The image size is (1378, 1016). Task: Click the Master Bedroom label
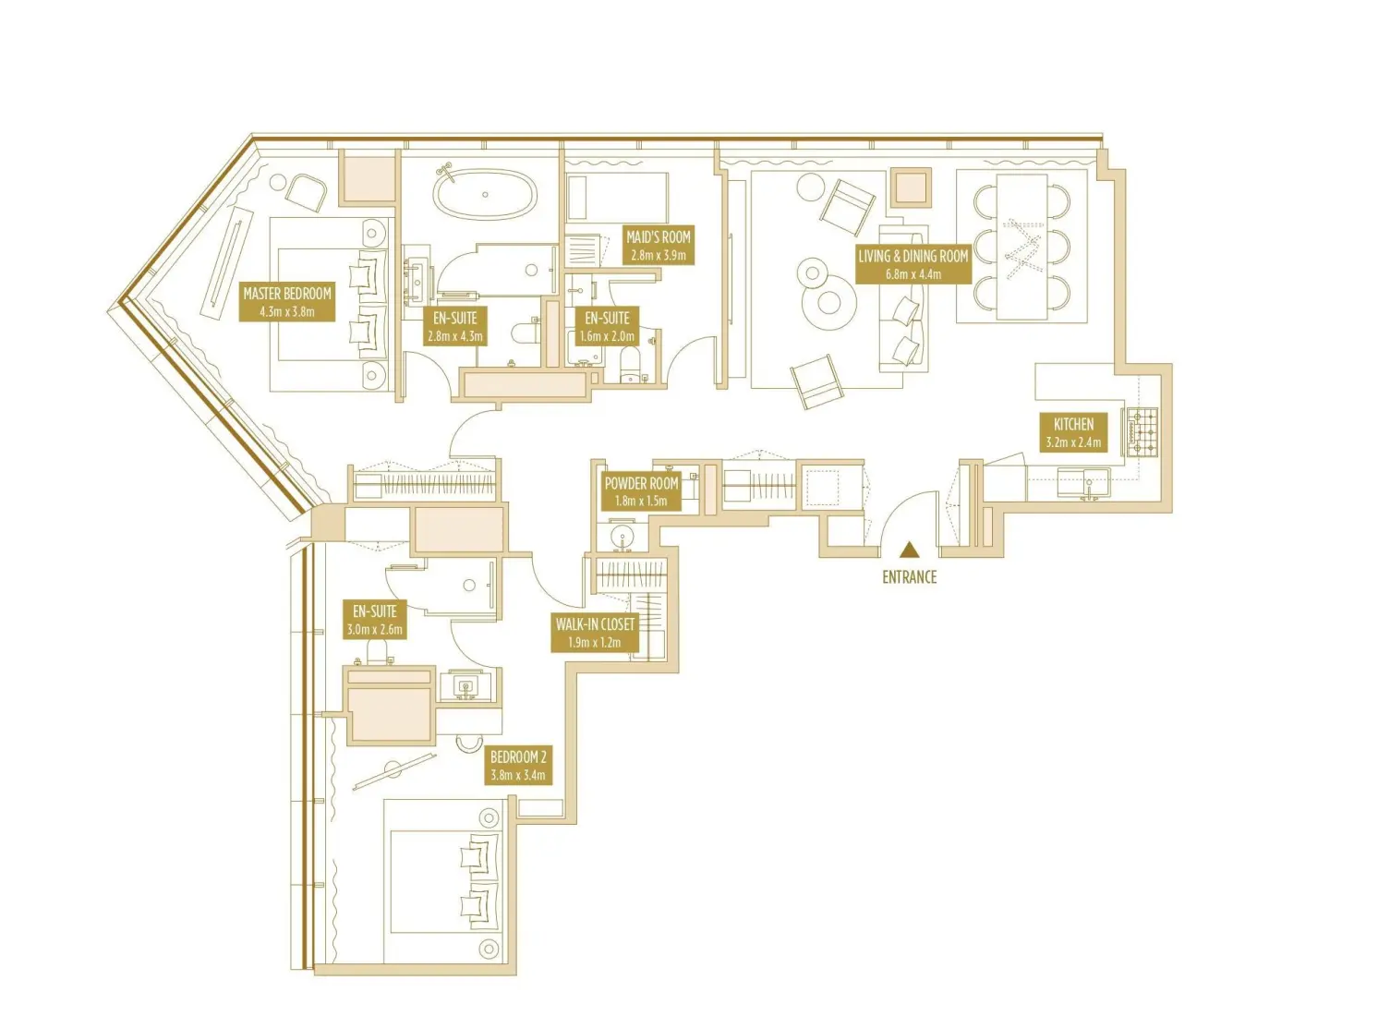click(286, 302)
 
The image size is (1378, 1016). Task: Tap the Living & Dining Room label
click(913, 264)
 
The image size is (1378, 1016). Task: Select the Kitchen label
click(1073, 432)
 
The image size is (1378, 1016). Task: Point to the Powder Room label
click(641, 491)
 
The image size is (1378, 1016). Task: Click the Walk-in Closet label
click(594, 633)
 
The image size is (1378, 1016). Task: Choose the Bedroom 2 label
click(518, 766)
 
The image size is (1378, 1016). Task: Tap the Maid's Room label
click(658, 245)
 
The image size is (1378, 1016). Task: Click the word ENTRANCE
click(909, 577)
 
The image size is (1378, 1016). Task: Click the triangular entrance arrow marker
click(910, 550)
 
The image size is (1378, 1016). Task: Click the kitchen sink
click(1085, 482)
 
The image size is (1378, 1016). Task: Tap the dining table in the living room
click(1021, 247)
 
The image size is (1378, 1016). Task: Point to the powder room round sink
click(622, 538)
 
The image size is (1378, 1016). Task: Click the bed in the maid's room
click(616, 198)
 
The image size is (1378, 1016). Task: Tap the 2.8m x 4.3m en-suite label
click(454, 327)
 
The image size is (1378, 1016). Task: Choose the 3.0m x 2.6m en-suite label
click(374, 620)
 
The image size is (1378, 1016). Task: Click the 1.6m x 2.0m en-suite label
click(607, 327)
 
